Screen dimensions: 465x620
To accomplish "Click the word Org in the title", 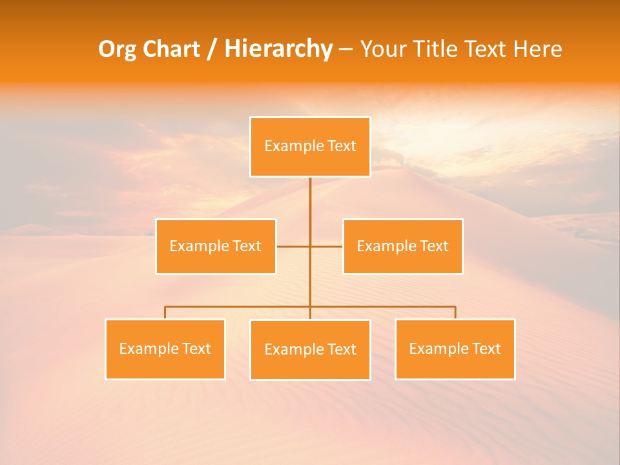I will pyautogui.click(x=117, y=49).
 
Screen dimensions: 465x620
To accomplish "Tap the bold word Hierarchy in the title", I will pyautogui.click(x=278, y=49).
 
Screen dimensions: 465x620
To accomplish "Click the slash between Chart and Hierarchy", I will pyautogui.click(x=212, y=49).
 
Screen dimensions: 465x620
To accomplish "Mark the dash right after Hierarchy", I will pyautogui.click(x=346, y=49).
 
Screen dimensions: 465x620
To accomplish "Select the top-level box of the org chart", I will pyautogui.click(x=310, y=147).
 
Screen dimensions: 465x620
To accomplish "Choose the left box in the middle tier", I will pyautogui.click(x=216, y=246).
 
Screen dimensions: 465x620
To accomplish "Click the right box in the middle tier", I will pyautogui.click(x=402, y=246).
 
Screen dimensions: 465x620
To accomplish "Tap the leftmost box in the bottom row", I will pyautogui.click(x=165, y=349).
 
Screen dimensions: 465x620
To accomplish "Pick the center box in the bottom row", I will pyautogui.click(x=310, y=349).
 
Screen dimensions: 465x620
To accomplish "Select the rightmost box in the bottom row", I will pyautogui.click(x=455, y=349).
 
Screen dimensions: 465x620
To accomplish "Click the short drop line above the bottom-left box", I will pyautogui.click(x=165, y=313).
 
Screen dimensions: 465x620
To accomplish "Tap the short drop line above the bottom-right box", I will pyautogui.click(x=455, y=313).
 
